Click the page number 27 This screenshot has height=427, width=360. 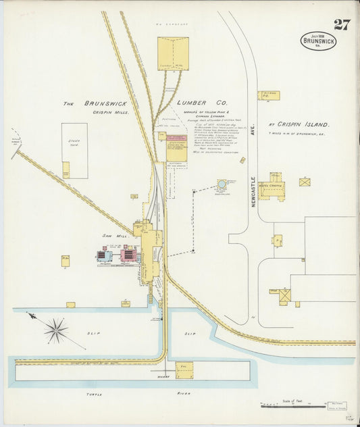click(342, 25)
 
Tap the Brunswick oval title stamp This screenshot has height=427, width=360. click(319, 41)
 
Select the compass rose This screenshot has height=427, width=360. click(56, 331)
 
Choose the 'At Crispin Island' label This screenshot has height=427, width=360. click(299, 125)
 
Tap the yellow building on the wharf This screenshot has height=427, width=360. click(184, 370)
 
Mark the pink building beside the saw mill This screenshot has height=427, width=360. click(128, 255)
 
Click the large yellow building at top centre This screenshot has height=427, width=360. click(173, 53)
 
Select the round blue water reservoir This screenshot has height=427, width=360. click(222, 184)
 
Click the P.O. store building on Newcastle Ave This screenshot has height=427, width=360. click(268, 96)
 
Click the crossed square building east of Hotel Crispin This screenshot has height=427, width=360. click(305, 182)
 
